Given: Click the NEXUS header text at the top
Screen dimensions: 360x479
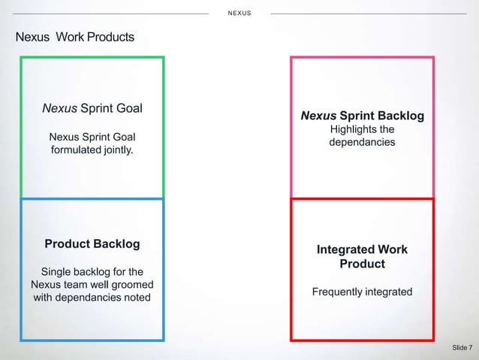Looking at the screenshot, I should pos(239,14).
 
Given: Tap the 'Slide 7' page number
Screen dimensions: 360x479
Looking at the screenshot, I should pos(462,347).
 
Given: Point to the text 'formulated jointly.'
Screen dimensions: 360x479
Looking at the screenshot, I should pos(92,150).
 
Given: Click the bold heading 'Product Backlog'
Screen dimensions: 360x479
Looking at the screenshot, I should pos(92,244).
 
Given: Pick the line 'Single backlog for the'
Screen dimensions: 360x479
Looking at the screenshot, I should pos(92,271).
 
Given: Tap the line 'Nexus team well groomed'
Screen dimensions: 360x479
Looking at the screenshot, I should pos(92,285).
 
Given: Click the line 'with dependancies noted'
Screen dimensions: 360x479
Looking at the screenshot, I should pos(92,298).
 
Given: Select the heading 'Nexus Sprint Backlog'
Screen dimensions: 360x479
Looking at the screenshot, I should pos(362,116).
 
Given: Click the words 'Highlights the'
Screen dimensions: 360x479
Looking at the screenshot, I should pos(362,129).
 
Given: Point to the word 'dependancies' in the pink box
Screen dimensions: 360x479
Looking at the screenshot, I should pos(362,141).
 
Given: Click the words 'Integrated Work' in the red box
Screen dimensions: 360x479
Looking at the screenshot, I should pos(362,250).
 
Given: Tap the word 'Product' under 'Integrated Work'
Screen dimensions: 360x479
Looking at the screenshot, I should pos(362,264).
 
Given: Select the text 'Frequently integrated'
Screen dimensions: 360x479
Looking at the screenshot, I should pos(362,291).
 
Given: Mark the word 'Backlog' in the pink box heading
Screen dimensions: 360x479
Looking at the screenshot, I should pos(400,116).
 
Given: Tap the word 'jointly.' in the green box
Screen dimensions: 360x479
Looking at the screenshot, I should pos(116,150).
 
